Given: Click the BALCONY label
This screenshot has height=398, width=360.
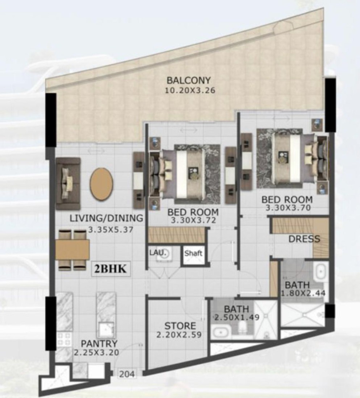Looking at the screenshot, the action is (188, 80).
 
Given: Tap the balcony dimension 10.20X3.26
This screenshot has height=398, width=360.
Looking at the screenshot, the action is (190, 90).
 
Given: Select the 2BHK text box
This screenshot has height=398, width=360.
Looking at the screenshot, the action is (110, 269).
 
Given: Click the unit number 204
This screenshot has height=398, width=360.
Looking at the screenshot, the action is (127, 374).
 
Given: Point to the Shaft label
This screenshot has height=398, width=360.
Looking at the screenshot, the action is (193, 253).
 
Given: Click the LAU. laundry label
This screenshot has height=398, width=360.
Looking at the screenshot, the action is (158, 253).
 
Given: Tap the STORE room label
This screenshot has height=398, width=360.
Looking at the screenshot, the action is (180, 326).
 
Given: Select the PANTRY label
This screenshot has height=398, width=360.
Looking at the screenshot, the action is (99, 344).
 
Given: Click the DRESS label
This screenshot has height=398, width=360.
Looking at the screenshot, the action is (304, 239).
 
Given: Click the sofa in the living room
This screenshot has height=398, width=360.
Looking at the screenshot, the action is (68, 183).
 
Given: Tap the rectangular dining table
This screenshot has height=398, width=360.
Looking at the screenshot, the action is (72, 250).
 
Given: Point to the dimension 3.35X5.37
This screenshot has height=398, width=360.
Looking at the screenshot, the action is (111, 230).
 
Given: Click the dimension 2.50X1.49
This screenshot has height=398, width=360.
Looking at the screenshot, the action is (237, 317).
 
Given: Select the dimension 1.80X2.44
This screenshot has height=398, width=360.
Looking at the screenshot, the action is (303, 293).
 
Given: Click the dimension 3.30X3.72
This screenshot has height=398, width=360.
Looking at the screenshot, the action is (193, 220).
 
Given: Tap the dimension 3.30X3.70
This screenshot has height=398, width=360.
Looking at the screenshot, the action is (288, 208).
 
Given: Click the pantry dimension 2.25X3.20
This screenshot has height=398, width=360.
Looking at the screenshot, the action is (97, 353).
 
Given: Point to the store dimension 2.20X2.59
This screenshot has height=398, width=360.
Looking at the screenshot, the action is (179, 335).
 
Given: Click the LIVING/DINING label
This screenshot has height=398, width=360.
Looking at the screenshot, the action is (106, 218).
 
